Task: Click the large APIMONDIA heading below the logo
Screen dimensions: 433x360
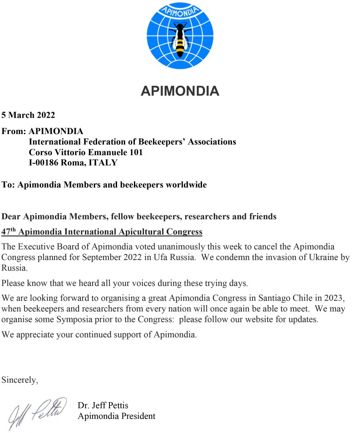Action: click(x=180, y=91)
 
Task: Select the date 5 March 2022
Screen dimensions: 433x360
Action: click(x=28, y=115)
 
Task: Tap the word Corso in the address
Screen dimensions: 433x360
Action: click(x=40, y=152)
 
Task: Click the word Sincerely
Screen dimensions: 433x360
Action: click(x=19, y=380)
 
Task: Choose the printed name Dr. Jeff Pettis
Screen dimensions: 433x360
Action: click(x=103, y=406)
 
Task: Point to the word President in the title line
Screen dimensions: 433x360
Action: click(x=137, y=416)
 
